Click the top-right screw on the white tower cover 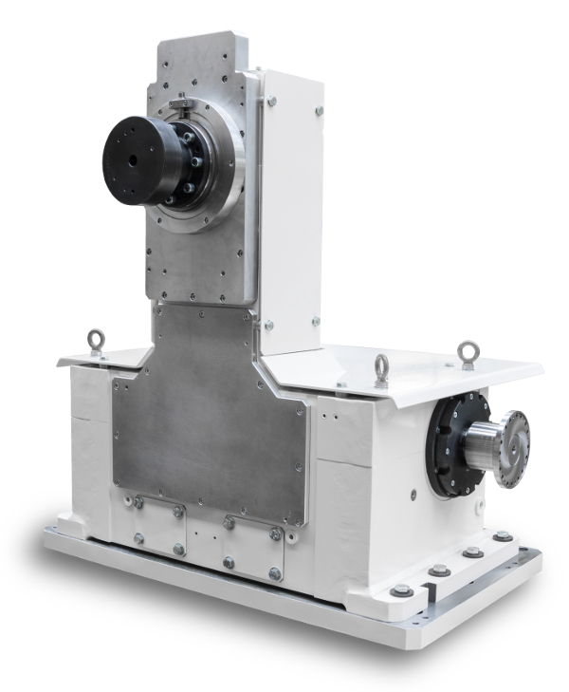click(x=319, y=112)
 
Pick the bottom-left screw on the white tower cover click(x=269, y=326)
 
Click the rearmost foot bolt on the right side click(x=502, y=537)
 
